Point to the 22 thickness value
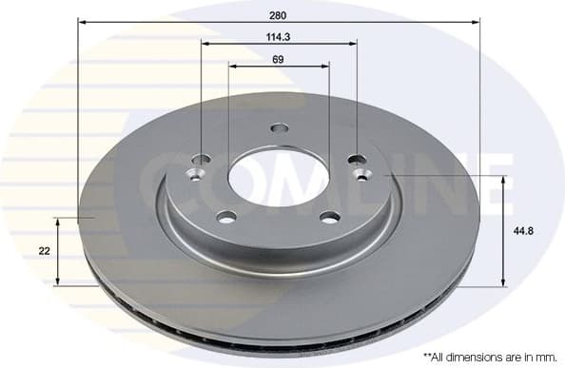[x=44, y=251]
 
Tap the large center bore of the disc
[x=278, y=175]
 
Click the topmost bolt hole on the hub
[x=279, y=128]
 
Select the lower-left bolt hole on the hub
[x=225, y=216]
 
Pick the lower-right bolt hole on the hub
[x=329, y=216]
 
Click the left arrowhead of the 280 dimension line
[x=81, y=21]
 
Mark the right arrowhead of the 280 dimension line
[x=476, y=21]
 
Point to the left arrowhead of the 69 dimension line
[x=232, y=66]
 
